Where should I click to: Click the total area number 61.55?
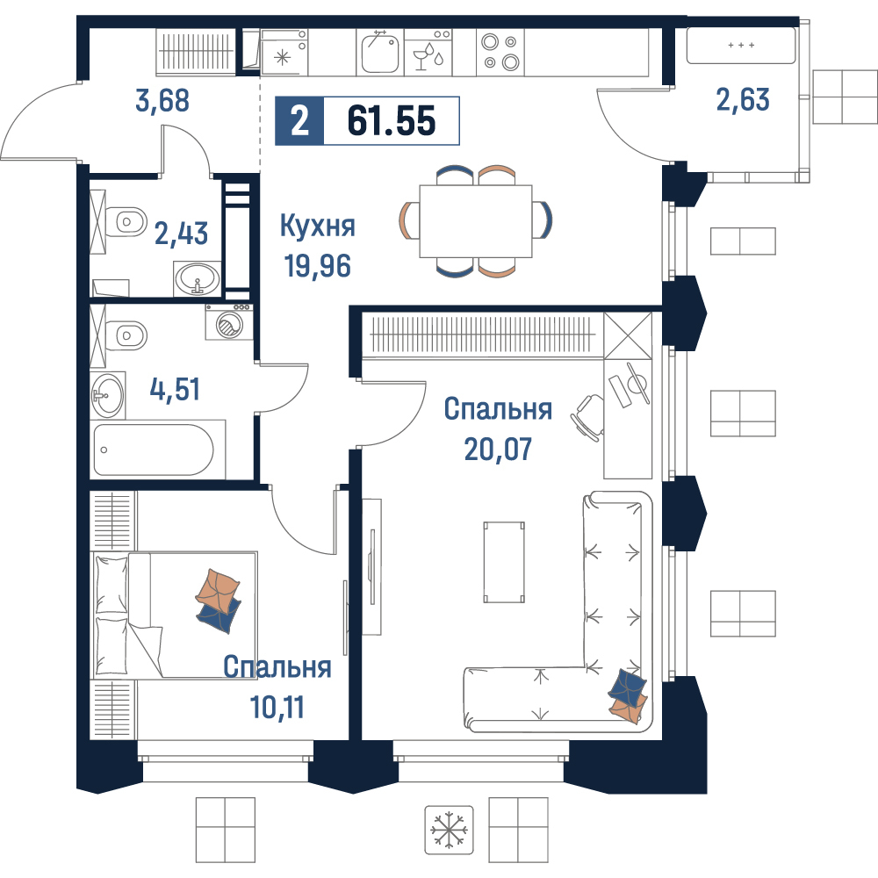392,121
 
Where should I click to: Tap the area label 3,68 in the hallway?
162,101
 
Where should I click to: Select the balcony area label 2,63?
743,100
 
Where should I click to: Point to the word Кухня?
318,227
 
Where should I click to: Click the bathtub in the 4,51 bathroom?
154,450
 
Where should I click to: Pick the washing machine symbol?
229,322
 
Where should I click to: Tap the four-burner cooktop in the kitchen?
500,52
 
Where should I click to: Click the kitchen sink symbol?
380,53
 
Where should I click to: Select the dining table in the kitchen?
475,221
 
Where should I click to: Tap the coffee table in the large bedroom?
504,562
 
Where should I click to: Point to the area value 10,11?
277,708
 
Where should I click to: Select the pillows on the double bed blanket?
219,601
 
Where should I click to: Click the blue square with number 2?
299,121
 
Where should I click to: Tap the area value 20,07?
499,449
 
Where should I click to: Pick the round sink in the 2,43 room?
197,278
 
